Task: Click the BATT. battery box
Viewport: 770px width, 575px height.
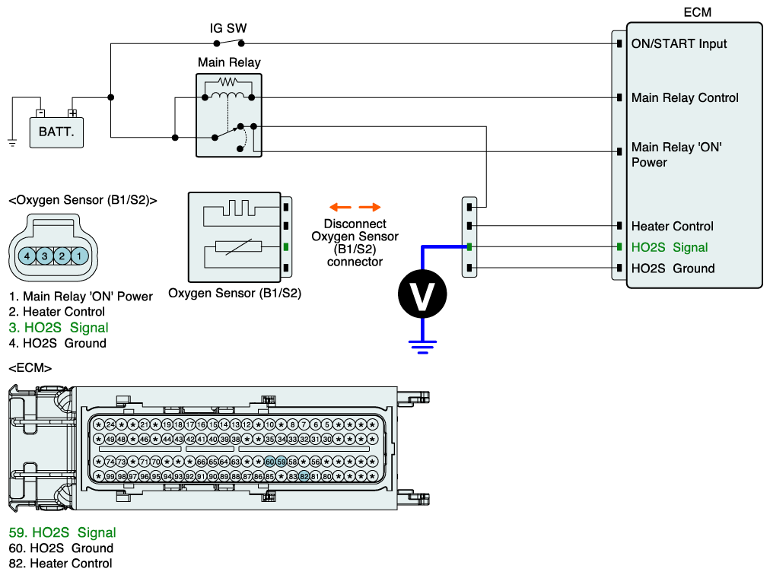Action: pos(56,132)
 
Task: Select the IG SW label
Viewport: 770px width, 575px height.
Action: pos(228,28)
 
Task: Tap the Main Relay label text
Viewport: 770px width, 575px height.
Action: pos(228,62)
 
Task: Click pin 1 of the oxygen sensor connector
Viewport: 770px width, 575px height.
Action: pos(79,256)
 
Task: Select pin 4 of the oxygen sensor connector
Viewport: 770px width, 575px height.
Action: pos(27,256)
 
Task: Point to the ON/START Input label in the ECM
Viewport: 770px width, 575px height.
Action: pos(679,44)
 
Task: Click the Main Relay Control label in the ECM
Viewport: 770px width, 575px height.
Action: pos(685,98)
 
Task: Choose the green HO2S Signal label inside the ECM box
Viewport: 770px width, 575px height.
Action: pos(670,247)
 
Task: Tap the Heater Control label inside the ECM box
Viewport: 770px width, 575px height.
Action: pos(672,226)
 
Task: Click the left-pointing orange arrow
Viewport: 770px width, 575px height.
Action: pos(339,207)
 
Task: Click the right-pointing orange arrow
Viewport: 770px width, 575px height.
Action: pos(370,207)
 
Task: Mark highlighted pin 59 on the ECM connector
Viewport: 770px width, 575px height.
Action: pos(282,462)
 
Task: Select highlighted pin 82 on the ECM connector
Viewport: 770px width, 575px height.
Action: pos(304,476)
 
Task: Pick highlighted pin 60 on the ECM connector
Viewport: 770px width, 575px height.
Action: pos(270,462)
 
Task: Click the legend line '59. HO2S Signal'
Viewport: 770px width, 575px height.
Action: pos(62,532)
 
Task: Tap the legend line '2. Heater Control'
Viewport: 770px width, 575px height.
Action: pos(57,312)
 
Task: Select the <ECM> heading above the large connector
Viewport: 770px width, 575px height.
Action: pos(30,368)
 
